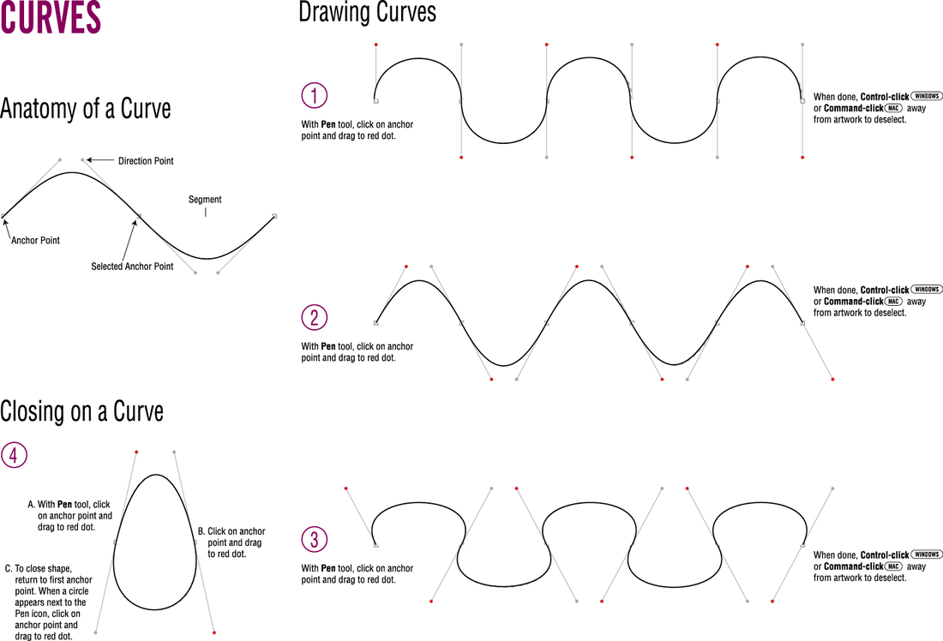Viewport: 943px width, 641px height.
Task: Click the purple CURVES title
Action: (51, 18)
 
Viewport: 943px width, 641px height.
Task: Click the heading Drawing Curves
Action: (367, 13)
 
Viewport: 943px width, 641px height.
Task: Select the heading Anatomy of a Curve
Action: (86, 110)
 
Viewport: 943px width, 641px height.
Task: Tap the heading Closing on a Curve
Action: (82, 411)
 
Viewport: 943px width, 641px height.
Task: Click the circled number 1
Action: (315, 95)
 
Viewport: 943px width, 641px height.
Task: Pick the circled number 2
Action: (315, 318)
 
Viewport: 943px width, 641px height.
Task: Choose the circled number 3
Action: (315, 539)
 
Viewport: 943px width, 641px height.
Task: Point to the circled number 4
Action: (14, 455)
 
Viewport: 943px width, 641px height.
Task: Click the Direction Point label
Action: (146, 161)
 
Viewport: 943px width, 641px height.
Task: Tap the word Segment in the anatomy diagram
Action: (205, 200)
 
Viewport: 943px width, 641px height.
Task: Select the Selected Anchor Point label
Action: (132, 267)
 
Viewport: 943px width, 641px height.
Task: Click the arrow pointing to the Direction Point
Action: (100, 160)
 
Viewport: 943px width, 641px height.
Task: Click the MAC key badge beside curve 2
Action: (893, 302)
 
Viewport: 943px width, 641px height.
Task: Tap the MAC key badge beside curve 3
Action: (893, 566)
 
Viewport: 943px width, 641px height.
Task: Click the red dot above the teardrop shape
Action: (136, 452)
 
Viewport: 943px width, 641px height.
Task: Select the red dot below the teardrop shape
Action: (213, 632)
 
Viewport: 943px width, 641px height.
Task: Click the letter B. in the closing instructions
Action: (201, 531)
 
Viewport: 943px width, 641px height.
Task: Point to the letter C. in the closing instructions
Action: (9, 568)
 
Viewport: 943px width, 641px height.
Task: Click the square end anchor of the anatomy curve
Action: (274, 216)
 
